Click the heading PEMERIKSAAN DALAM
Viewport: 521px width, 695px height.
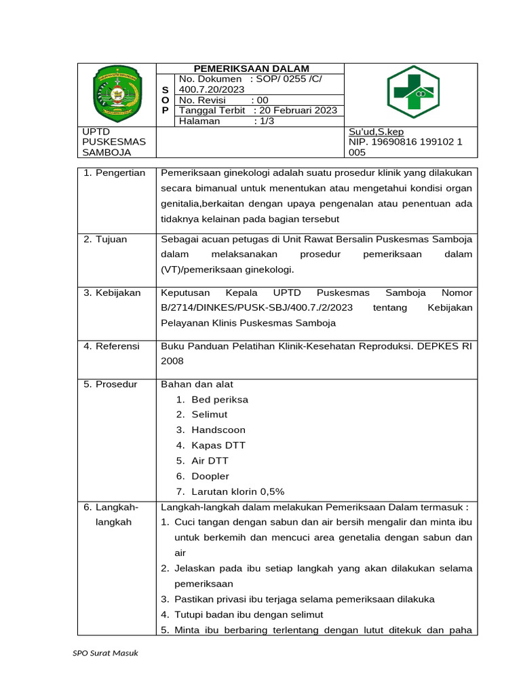[251, 69]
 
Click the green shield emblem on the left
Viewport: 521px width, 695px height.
[117, 93]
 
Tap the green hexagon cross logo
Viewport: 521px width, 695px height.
[412, 92]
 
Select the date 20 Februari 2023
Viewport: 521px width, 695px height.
[297, 111]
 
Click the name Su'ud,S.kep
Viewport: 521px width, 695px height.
[377, 132]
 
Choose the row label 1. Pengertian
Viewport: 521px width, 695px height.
[114, 173]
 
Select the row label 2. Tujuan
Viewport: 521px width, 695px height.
[105, 239]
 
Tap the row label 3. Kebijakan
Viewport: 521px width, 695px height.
[112, 293]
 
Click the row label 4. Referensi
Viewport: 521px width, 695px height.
[111, 346]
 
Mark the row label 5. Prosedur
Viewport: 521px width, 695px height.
[110, 384]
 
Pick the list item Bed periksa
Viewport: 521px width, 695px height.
[220, 400]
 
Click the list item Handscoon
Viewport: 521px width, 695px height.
[218, 430]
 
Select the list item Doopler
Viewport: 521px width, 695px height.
[210, 476]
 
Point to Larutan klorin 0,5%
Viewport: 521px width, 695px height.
[238, 492]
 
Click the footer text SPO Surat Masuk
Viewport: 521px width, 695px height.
[105, 654]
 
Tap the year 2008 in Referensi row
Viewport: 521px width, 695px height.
[172, 362]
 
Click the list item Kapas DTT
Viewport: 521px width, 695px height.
[218, 446]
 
